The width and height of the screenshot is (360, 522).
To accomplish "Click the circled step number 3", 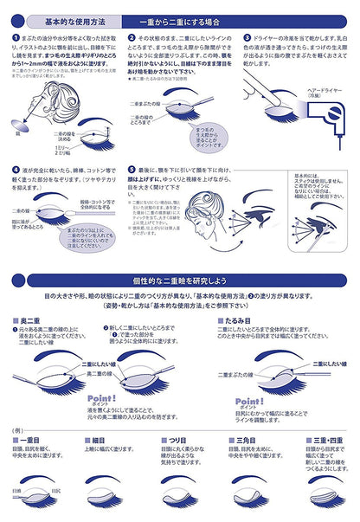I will coord(247,38).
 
